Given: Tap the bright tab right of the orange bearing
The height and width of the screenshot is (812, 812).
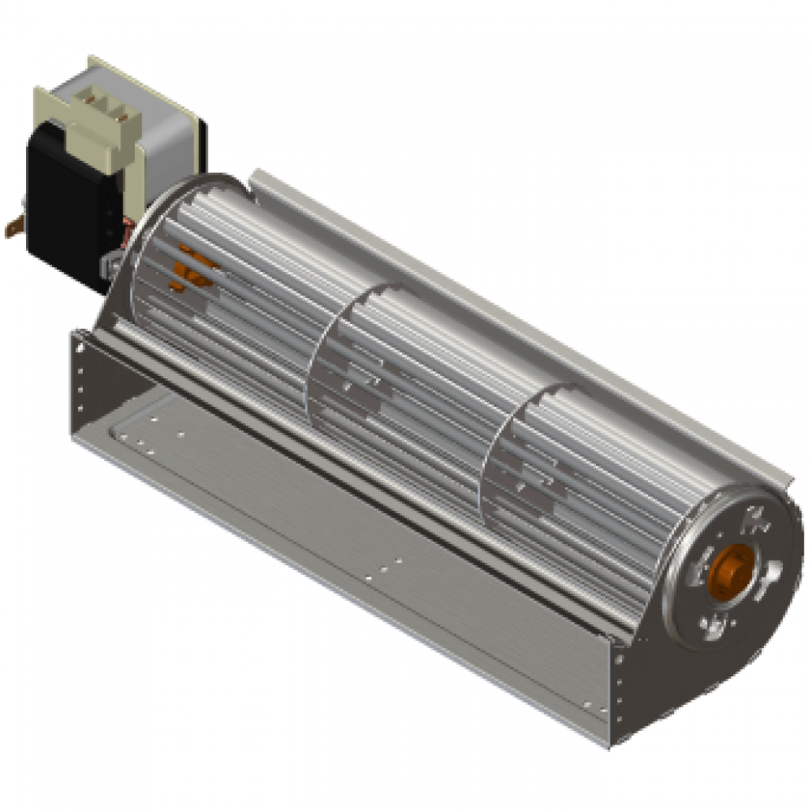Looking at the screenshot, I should (773, 568).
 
